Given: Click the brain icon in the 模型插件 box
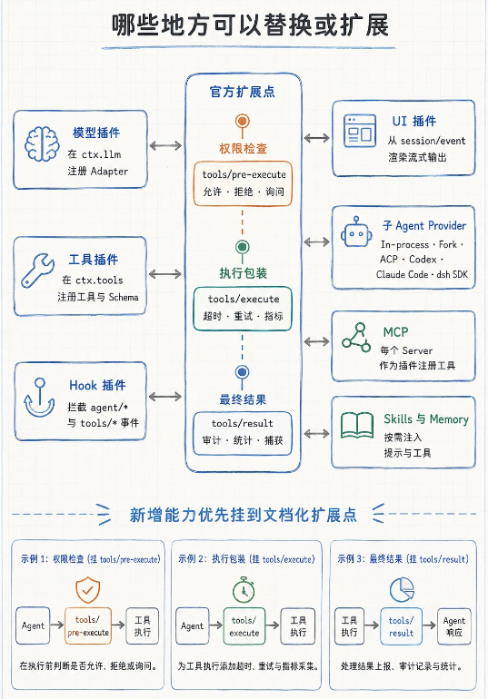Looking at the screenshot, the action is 42,143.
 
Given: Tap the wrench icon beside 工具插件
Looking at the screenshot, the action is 37,270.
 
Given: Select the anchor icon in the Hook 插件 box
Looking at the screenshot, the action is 39,398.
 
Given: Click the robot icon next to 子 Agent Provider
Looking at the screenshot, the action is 356,231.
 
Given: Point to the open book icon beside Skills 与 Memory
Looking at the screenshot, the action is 357,425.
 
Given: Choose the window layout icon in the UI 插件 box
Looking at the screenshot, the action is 360,131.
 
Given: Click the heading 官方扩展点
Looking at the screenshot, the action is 243,92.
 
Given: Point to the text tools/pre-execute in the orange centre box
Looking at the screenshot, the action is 244,174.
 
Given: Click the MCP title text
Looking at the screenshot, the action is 395,332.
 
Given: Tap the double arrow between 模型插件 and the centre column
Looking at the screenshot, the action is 165,145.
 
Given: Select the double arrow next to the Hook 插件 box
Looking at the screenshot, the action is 165,397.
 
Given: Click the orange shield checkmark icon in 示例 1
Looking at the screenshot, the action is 87,590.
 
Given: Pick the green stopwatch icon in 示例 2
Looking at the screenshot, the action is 244,589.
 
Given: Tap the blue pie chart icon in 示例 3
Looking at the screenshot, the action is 402,589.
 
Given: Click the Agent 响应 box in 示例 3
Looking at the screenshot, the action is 453,625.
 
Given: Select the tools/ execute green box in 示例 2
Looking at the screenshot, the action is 244,625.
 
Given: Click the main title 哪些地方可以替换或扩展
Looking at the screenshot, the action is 250,25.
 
